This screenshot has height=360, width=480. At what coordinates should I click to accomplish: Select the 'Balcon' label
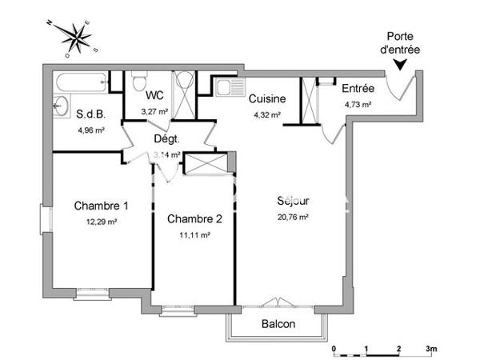pyautogui.click(x=278, y=325)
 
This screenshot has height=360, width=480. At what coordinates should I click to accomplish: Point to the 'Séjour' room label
pyautogui.click(x=293, y=202)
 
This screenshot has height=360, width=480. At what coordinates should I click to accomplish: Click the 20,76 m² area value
pyautogui.click(x=293, y=216)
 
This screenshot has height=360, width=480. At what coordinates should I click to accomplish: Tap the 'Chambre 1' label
pyautogui.click(x=102, y=206)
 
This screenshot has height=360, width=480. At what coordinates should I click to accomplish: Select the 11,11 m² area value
pyautogui.click(x=194, y=235)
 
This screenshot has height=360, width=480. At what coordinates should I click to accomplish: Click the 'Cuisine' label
pyautogui.click(x=266, y=99)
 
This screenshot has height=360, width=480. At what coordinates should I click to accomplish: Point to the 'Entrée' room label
pyautogui.click(x=358, y=89)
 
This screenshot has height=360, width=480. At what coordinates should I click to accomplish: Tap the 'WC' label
pyautogui.click(x=154, y=96)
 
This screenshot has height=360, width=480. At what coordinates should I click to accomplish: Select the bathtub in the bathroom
pyautogui.click(x=80, y=81)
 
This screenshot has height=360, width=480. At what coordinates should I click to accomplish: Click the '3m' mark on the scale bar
pyautogui.click(x=430, y=350)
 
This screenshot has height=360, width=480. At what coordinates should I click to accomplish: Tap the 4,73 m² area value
pyautogui.click(x=358, y=104)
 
